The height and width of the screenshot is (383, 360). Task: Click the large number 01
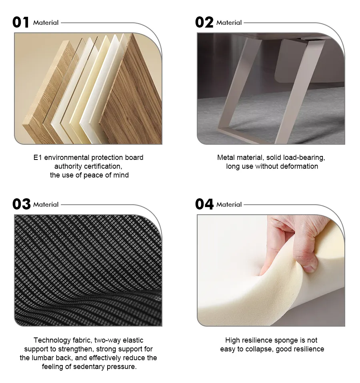[21, 22]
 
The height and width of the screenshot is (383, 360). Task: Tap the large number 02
[204, 22]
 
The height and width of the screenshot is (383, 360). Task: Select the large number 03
[21, 204]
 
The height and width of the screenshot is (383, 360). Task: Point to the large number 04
[204, 204]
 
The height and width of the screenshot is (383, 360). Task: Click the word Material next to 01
[46, 23]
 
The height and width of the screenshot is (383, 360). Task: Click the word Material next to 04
[229, 205]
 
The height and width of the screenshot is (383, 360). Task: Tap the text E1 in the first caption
[38, 158]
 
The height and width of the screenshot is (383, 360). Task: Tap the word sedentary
[90, 367]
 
